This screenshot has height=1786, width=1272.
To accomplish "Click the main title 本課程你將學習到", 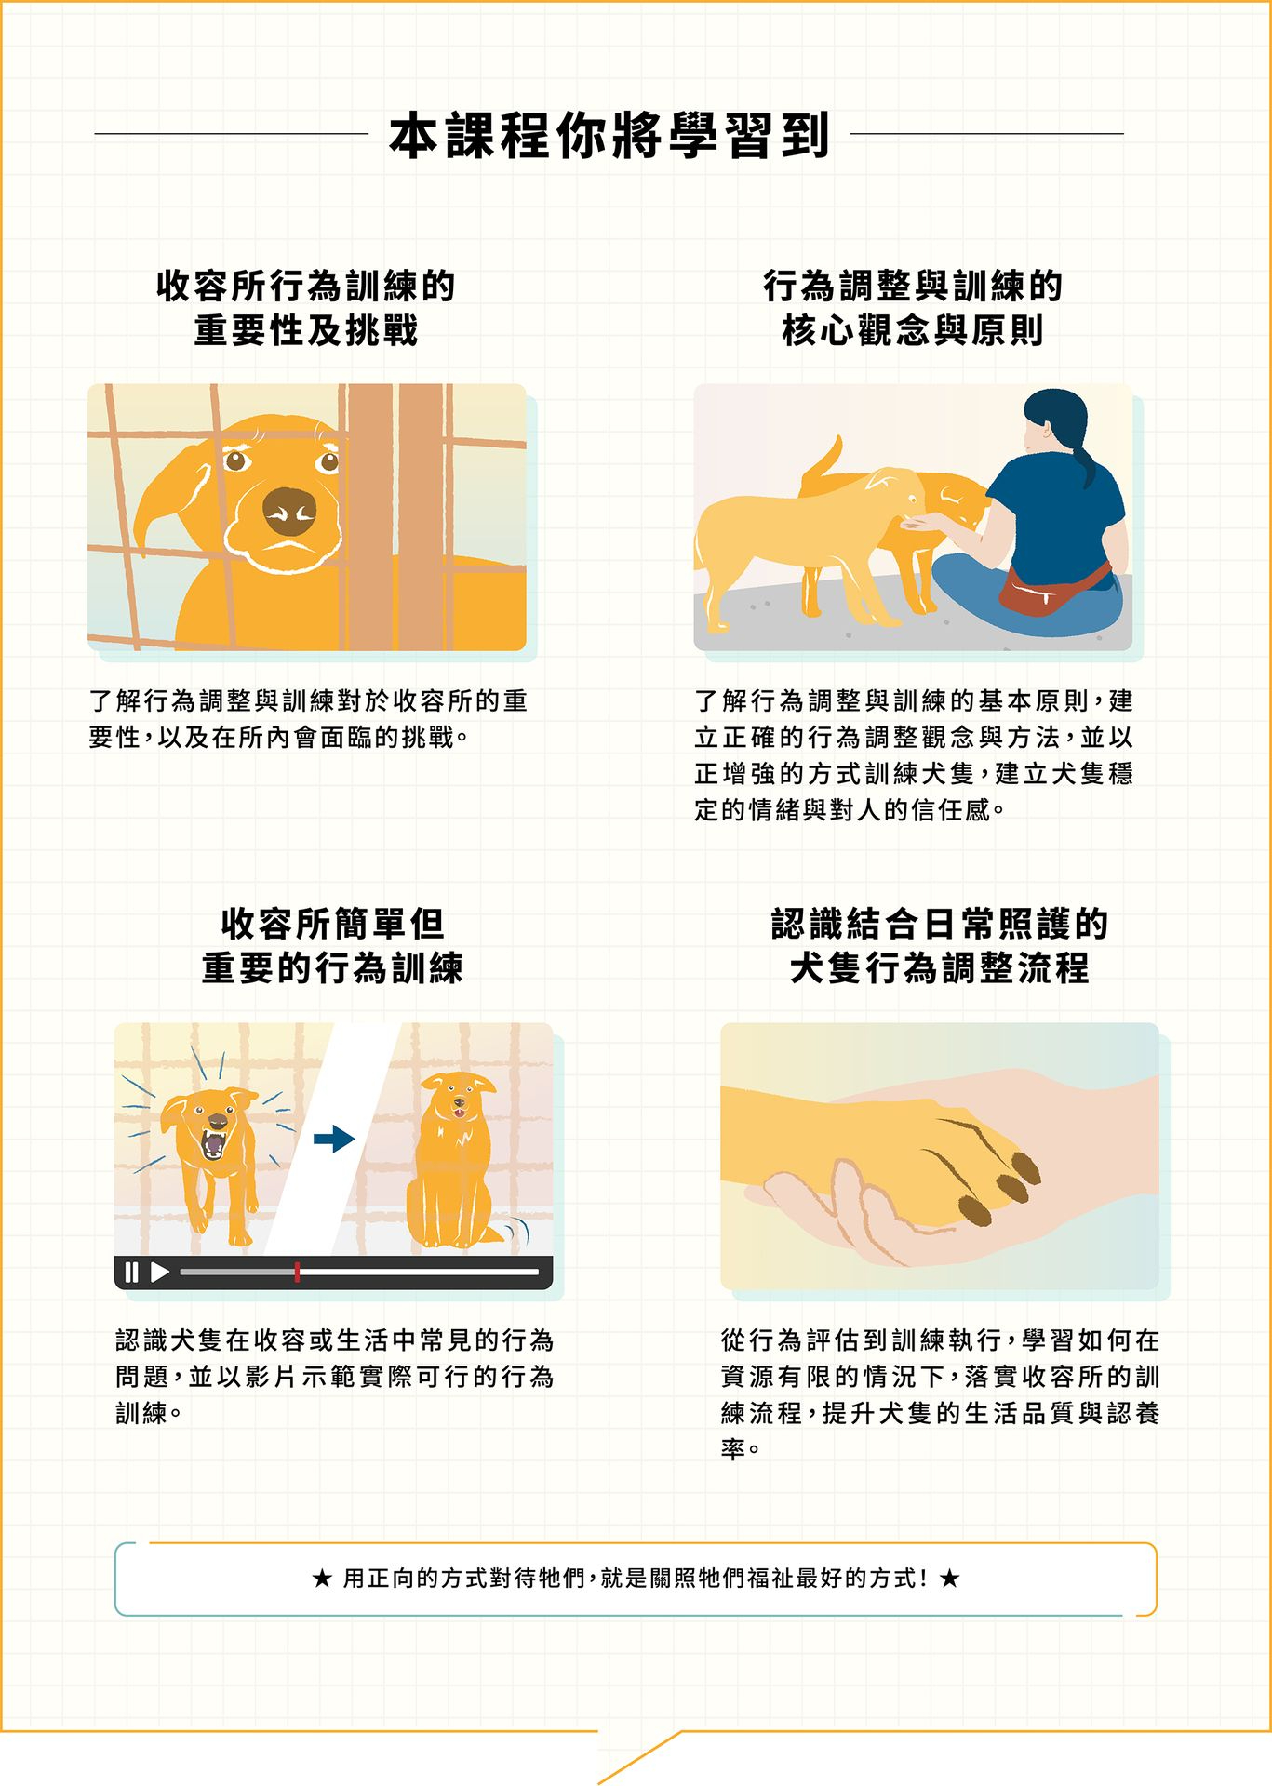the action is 609,135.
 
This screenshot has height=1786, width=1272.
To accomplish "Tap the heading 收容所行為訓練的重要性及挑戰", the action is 306,308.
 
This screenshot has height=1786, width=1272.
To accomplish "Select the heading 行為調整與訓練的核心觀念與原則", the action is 913,308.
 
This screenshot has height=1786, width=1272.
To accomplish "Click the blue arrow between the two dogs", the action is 334,1139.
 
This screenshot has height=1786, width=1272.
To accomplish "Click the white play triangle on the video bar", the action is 160,1272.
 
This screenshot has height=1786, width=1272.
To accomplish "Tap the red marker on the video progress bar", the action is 297,1272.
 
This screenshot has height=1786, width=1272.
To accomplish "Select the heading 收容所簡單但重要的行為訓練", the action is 333,946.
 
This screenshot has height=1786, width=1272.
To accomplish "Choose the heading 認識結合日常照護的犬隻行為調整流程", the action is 940,946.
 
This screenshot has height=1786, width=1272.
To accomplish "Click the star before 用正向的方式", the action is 322,1579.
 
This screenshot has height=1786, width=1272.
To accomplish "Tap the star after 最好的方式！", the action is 949,1579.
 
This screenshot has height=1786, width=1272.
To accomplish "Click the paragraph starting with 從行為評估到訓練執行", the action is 940,1394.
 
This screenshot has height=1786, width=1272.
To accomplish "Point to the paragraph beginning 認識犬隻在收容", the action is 334,1377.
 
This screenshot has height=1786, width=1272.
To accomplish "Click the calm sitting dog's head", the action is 458,1099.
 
